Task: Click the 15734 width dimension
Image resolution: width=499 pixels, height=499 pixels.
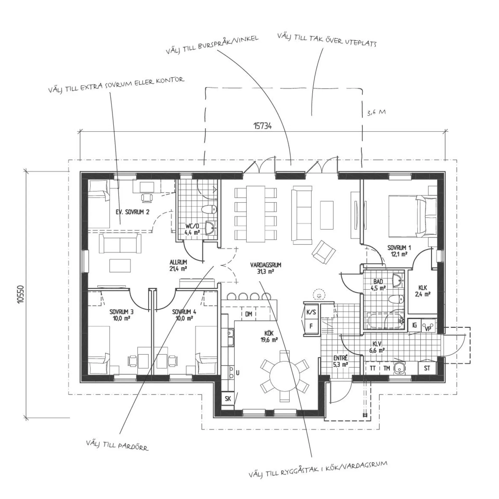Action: point(262,126)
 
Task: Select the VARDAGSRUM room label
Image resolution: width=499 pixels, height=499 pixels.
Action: point(266,268)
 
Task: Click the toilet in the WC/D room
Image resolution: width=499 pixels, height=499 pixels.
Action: point(209,209)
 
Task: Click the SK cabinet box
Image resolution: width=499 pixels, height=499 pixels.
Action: point(228,398)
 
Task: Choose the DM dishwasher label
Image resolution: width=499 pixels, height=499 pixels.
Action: point(249,314)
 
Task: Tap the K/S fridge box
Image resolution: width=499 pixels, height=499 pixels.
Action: point(311,312)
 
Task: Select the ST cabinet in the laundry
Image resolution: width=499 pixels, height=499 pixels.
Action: point(427,368)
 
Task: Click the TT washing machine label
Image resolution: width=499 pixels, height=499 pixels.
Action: point(373,368)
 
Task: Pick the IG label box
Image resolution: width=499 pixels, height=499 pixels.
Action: point(414,325)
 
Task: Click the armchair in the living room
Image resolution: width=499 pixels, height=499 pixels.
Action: point(324,251)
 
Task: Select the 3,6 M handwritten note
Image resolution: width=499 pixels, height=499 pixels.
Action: point(376,112)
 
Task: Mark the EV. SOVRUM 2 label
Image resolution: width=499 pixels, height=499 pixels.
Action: point(133,212)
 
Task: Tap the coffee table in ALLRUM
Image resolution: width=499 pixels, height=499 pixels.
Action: point(120,265)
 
